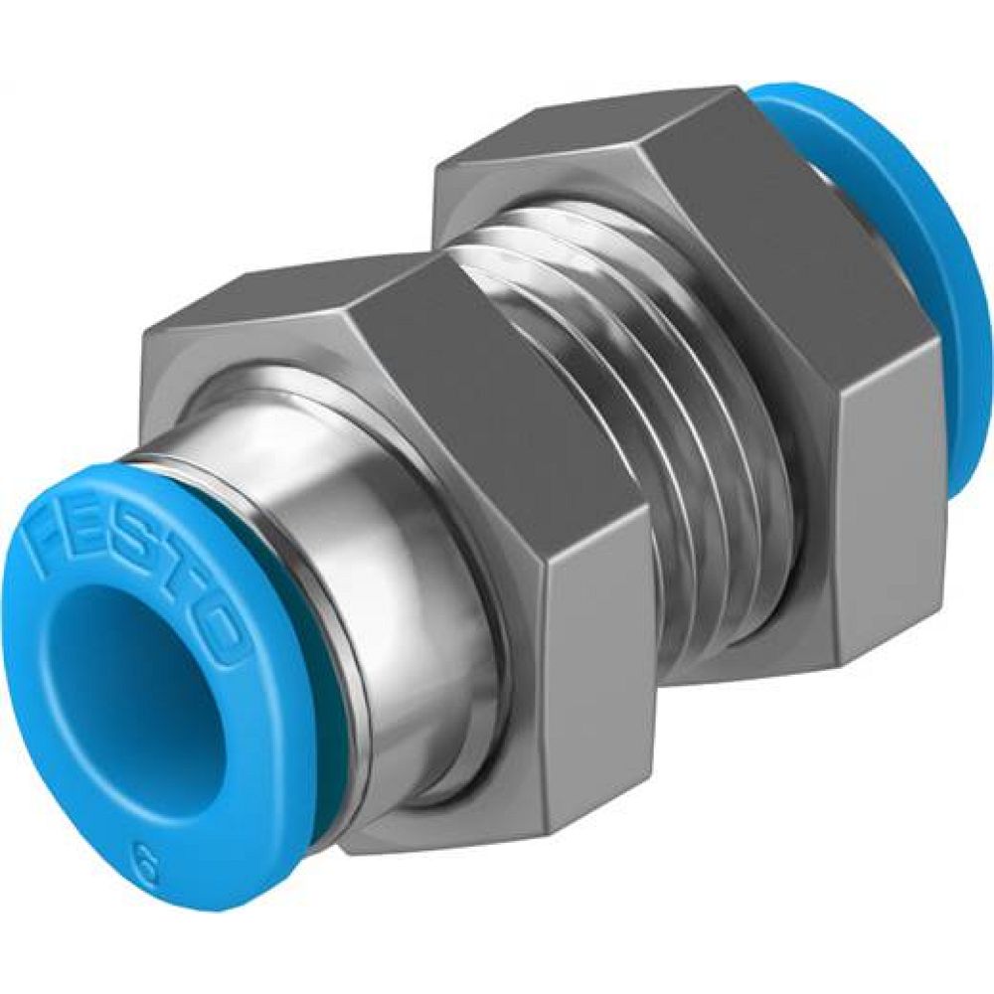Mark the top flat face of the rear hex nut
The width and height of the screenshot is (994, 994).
(x=586, y=129)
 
